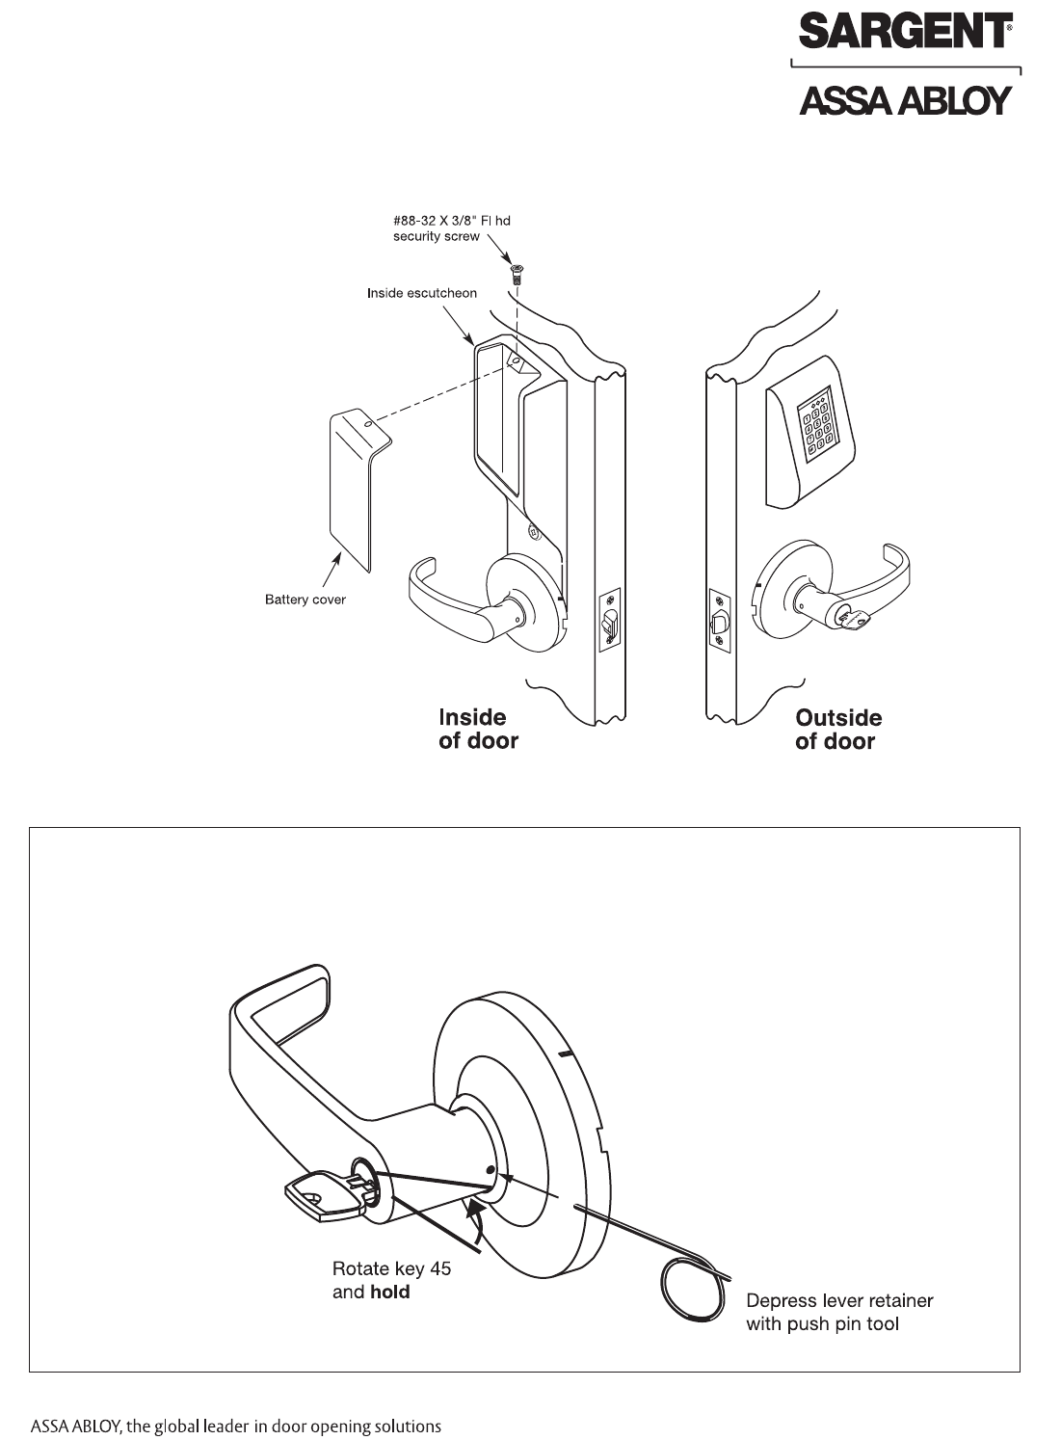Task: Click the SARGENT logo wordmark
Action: tap(904, 33)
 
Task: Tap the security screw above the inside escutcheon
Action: tap(516, 274)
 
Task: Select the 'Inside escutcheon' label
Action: tap(421, 293)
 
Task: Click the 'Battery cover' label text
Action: tap(305, 600)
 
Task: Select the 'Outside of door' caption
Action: tap(837, 730)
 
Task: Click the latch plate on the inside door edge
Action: tap(609, 623)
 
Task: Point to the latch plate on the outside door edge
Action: tap(719, 627)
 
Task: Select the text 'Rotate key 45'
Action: tap(391, 1268)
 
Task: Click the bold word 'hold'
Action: tap(390, 1293)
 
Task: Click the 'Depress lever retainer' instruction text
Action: tap(839, 1301)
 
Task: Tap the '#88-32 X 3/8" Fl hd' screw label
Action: tap(452, 221)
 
